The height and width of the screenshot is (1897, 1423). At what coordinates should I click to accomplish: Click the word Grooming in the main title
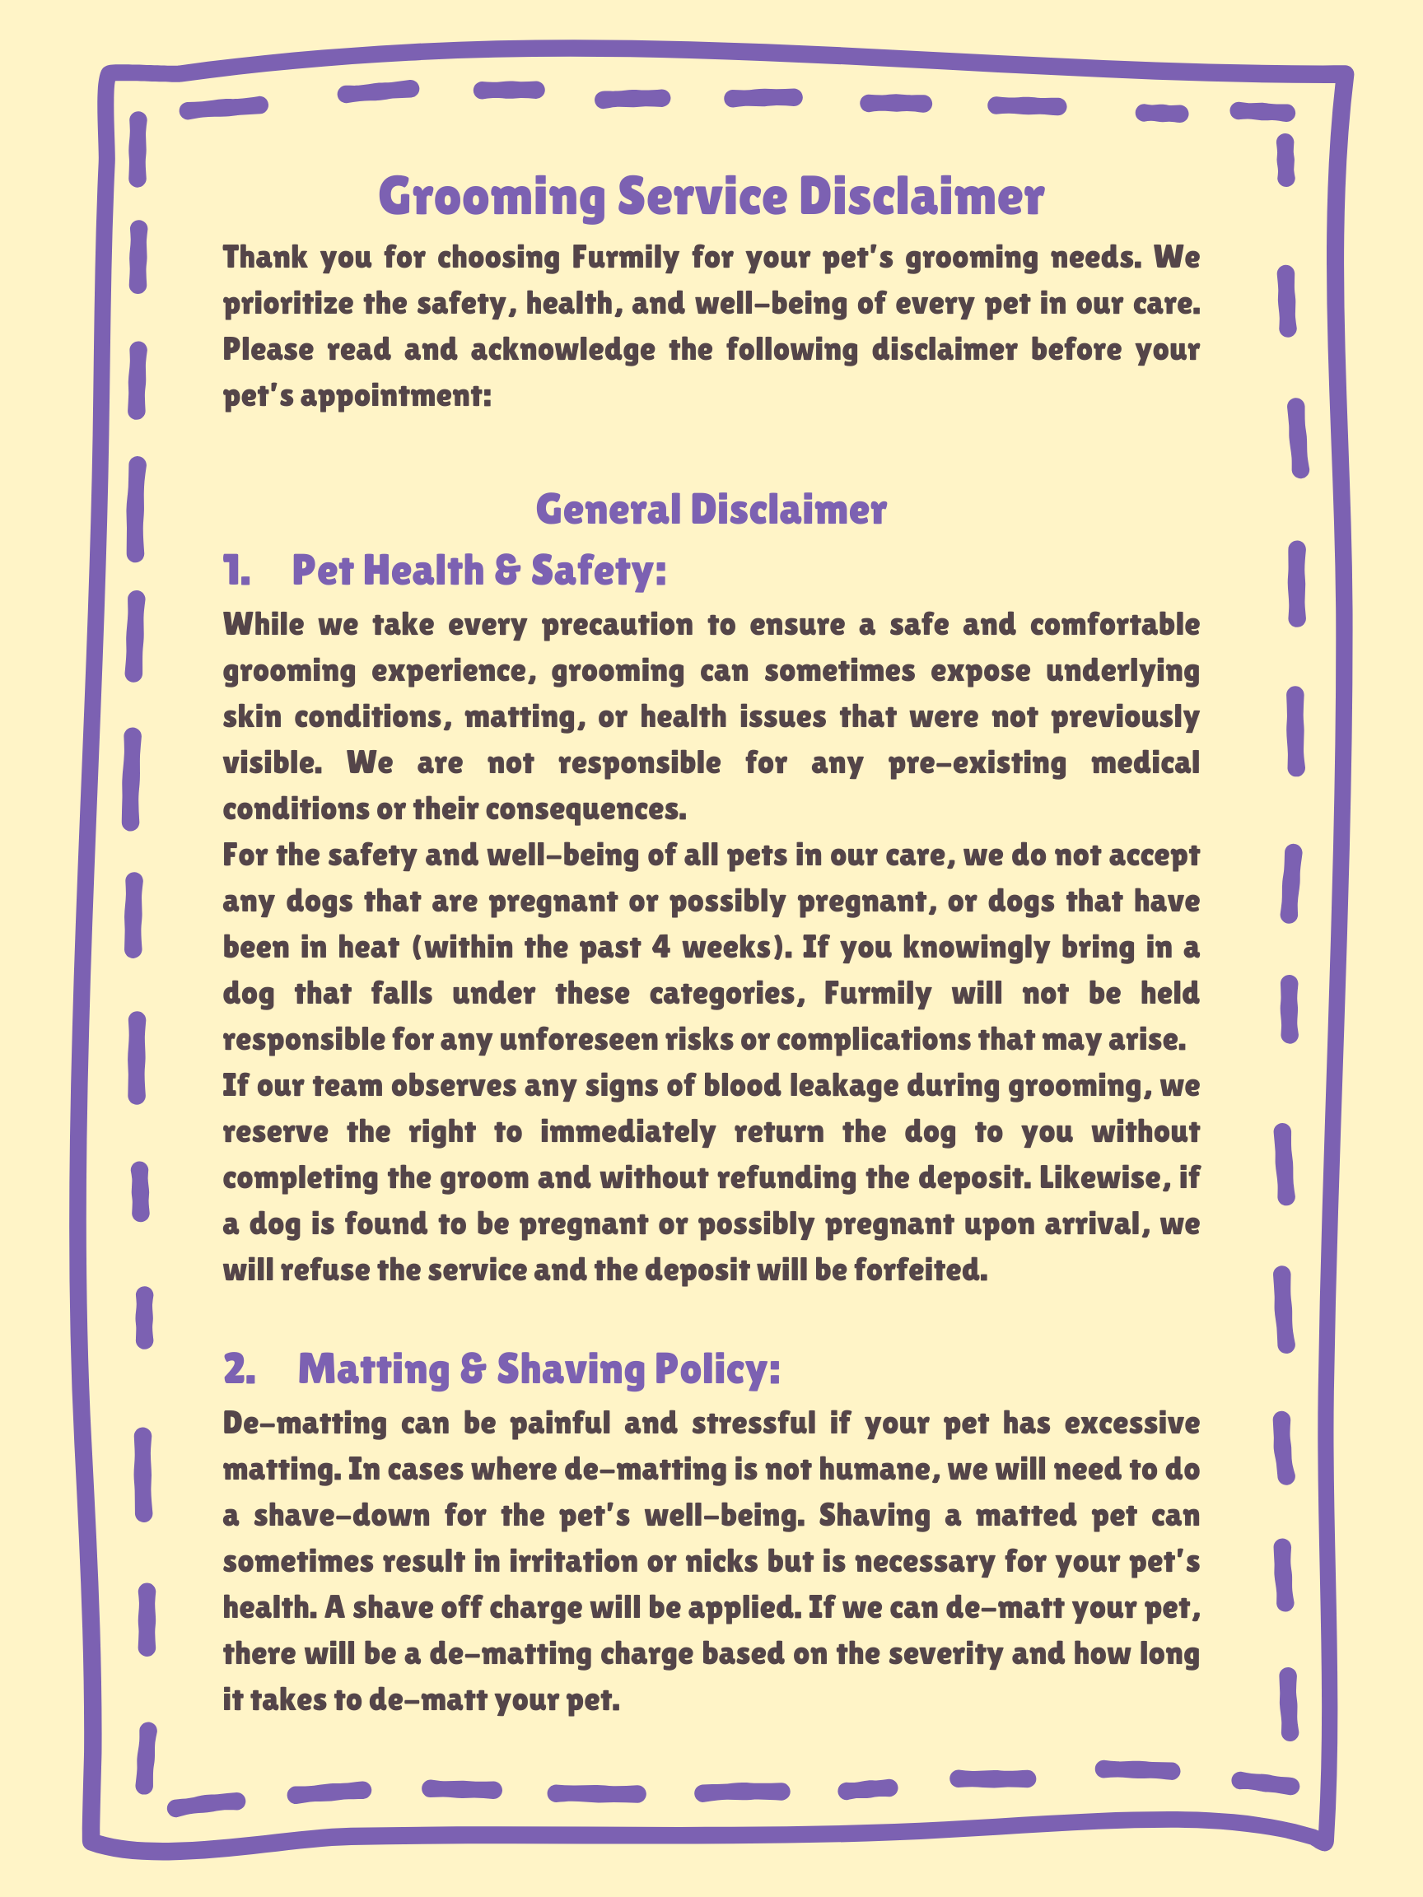[x=492, y=198]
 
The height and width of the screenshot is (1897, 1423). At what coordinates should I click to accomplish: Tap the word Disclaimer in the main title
[x=921, y=198]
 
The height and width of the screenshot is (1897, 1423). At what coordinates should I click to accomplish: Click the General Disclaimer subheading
[x=711, y=510]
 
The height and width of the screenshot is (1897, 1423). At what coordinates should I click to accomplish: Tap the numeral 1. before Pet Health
[x=236, y=571]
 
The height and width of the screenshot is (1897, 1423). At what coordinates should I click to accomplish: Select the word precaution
[x=618, y=624]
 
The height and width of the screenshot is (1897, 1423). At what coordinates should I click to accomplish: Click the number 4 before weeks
[x=660, y=947]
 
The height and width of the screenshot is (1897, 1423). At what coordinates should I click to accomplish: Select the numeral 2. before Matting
[x=240, y=1369]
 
